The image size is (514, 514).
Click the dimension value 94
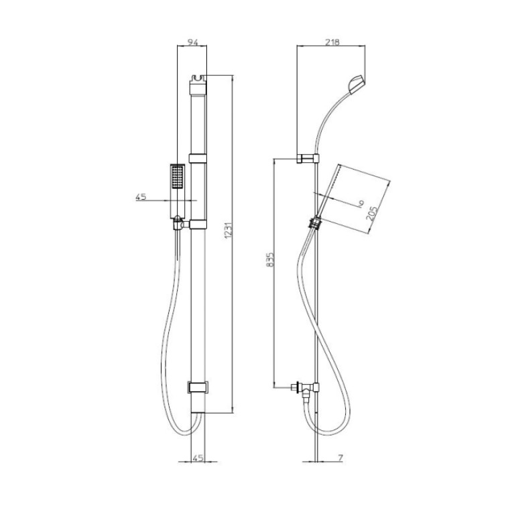click(x=192, y=42)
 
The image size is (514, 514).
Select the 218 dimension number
click(x=332, y=42)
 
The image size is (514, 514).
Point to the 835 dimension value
click(x=270, y=259)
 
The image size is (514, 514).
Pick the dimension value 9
click(x=361, y=204)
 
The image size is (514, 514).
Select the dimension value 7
click(x=340, y=458)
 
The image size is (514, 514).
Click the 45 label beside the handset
click(x=141, y=197)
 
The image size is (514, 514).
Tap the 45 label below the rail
click(x=198, y=458)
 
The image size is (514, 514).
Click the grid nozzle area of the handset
click(x=178, y=177)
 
